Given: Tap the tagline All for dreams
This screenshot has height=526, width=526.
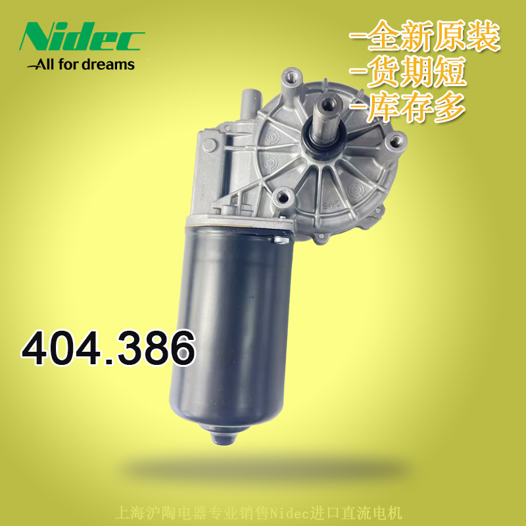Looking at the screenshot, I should click(x=80, y=64).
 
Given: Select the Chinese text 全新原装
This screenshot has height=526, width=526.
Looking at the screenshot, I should click(x=426, y=37).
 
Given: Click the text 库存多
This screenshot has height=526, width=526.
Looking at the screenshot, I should click(x=411, y=106).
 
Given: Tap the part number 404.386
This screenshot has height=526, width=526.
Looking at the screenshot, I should click(x=108, y=348).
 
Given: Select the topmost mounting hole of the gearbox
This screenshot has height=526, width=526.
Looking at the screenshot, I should click(x=290, y=79).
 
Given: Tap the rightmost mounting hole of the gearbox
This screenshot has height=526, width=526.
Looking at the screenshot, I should click(x=396, y=140).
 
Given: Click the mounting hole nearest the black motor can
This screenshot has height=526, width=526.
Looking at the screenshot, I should click(x=283, y=195).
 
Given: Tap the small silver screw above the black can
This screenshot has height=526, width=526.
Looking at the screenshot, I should click(x=280, y=243).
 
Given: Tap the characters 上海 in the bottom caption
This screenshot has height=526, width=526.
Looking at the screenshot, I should click(x=125, y=512).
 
